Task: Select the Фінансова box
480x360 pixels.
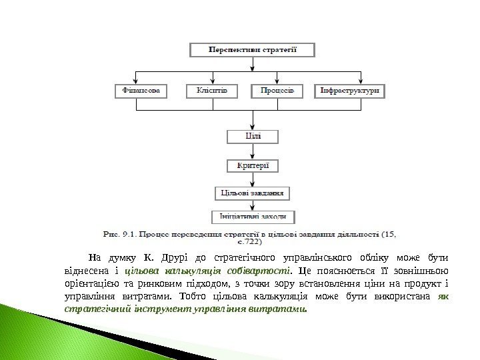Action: coord(140,91)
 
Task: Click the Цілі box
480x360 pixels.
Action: coord(253,136)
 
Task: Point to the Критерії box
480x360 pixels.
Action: coord(253,165)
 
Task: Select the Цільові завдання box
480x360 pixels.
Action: coord(253,193)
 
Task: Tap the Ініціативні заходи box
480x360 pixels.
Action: coord(253,216)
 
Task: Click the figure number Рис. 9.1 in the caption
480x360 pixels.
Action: coord(117,234)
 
